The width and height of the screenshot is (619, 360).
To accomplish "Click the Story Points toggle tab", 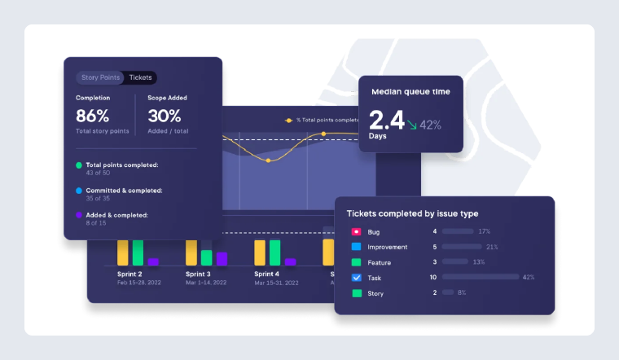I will (101, 78).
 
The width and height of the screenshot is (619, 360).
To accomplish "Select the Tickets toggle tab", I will (140, 78).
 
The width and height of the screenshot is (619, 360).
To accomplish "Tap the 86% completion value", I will (93, 116).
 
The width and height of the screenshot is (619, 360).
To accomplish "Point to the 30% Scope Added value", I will (165, 116).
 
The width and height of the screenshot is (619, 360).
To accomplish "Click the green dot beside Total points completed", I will (79, 165).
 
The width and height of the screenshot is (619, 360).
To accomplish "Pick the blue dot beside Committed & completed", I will (79, 191).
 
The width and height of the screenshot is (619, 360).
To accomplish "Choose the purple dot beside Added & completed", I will (79, 215).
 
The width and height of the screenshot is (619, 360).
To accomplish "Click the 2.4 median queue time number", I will (387, 121).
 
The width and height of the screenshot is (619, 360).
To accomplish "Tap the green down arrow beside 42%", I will (413, 125).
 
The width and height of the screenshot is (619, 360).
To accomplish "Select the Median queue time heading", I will (410, 92).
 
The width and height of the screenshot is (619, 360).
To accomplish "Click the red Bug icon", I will (357, 232).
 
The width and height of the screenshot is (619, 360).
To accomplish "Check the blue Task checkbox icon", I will (357, 278).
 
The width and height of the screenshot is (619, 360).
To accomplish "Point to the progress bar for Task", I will (480, 278).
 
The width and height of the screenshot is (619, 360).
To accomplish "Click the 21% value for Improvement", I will (492, 247).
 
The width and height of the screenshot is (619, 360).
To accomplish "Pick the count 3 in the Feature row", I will (435, 262).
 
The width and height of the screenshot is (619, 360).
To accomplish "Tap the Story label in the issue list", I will (376, 293).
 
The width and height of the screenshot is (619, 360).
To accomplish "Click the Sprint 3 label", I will (198, 274).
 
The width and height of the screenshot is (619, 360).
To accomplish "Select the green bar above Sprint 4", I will (274, 252).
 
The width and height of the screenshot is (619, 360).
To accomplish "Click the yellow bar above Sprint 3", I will (191, 252).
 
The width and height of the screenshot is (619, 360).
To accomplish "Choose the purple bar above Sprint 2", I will (153, 261).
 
